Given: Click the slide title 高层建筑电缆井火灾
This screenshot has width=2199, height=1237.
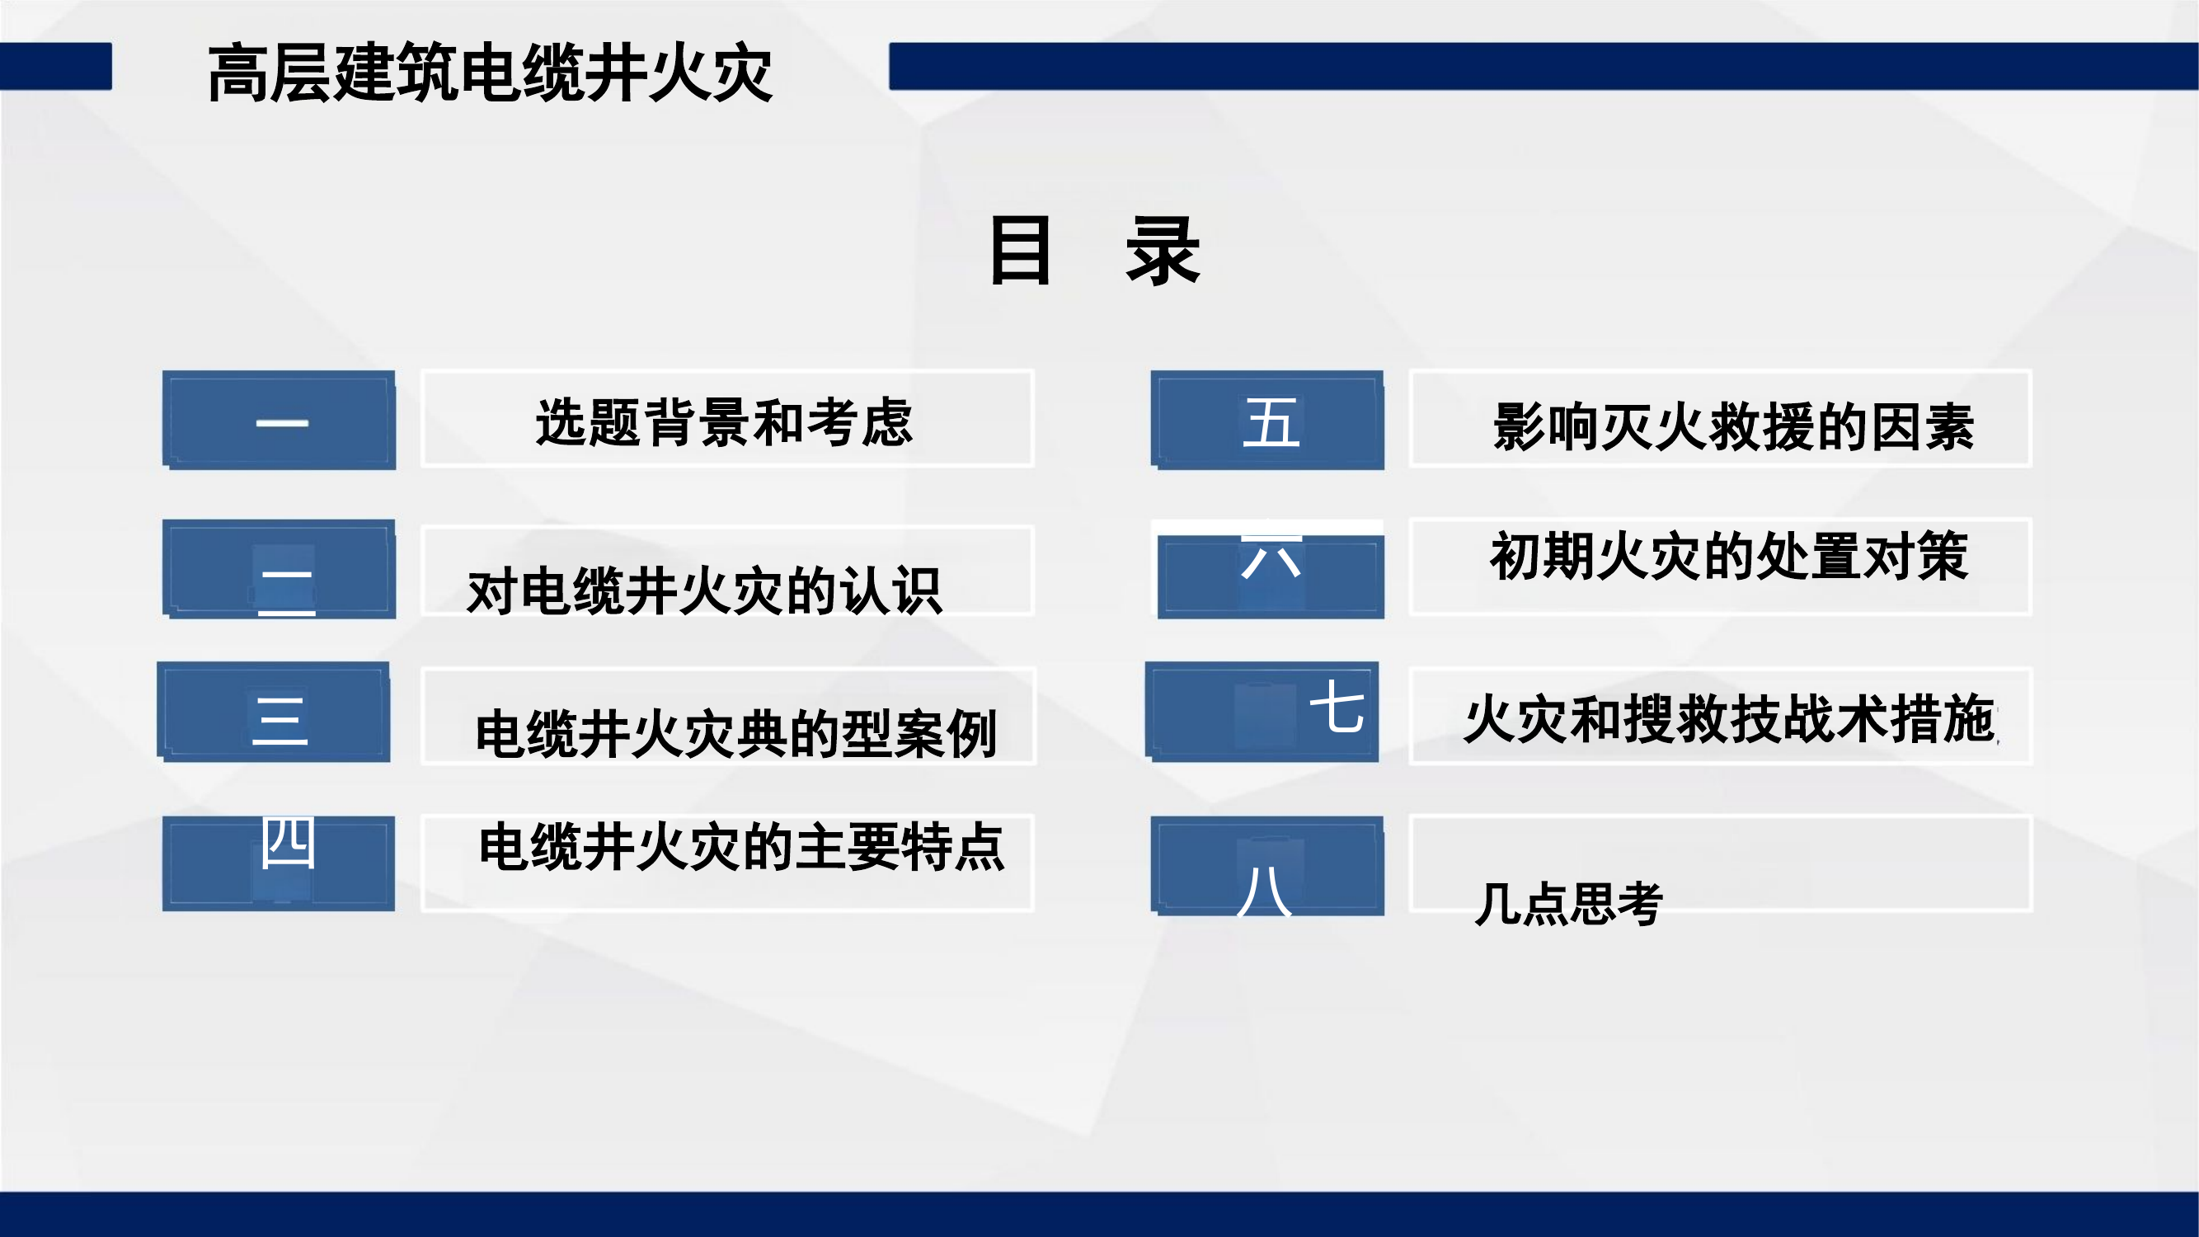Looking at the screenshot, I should [x=490, y=73].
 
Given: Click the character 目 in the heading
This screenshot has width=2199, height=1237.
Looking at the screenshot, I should [x=1020, y=250].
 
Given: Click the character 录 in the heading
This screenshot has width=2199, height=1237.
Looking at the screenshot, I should [x=1163, y=250].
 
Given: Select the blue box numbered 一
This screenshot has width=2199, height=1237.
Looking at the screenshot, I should [x=280, y=420].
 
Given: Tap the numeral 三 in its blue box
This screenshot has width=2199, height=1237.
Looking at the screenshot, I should [x=280, y=720].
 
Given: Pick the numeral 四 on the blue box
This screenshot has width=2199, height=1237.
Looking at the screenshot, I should [x=288, y=843].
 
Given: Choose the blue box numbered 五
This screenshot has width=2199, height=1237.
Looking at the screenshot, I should [x=1267, y=420].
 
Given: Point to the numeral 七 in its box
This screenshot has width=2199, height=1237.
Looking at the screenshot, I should [x=1337, y=708].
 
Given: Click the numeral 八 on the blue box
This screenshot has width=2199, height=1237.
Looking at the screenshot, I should [x=1264, y=891].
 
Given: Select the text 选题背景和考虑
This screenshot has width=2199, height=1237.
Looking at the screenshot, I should [x=725, y=422].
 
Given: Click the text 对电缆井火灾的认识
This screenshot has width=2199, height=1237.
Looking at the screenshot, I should [x=705, y=590].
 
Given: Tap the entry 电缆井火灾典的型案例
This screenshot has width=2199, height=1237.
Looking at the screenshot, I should [x=735, y=733].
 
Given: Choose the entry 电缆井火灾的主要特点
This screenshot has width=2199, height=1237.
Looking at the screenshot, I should [x=742, y=847].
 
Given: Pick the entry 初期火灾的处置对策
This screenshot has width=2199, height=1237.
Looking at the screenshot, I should [x=1730, y=557].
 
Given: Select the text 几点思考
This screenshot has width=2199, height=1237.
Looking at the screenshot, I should [x=1568, y=903].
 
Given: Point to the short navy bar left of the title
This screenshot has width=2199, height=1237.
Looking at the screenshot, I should [x=55, y=67].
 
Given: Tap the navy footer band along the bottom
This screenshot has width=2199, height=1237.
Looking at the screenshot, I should [x=1100, y=1214].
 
